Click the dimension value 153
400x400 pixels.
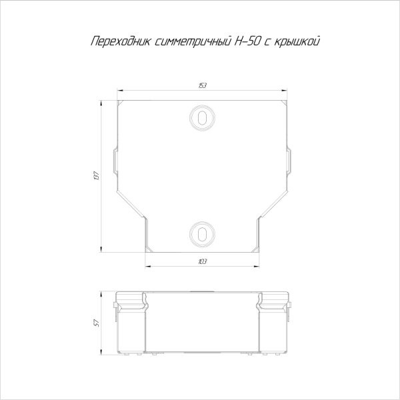201,86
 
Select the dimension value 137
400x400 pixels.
98,175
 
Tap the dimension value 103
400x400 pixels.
201,261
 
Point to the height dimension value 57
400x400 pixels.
98,323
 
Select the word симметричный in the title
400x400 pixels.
185,42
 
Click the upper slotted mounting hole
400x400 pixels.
201,117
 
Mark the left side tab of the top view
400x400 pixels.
114,160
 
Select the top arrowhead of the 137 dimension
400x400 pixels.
102,101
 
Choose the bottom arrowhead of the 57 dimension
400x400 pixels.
102,352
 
